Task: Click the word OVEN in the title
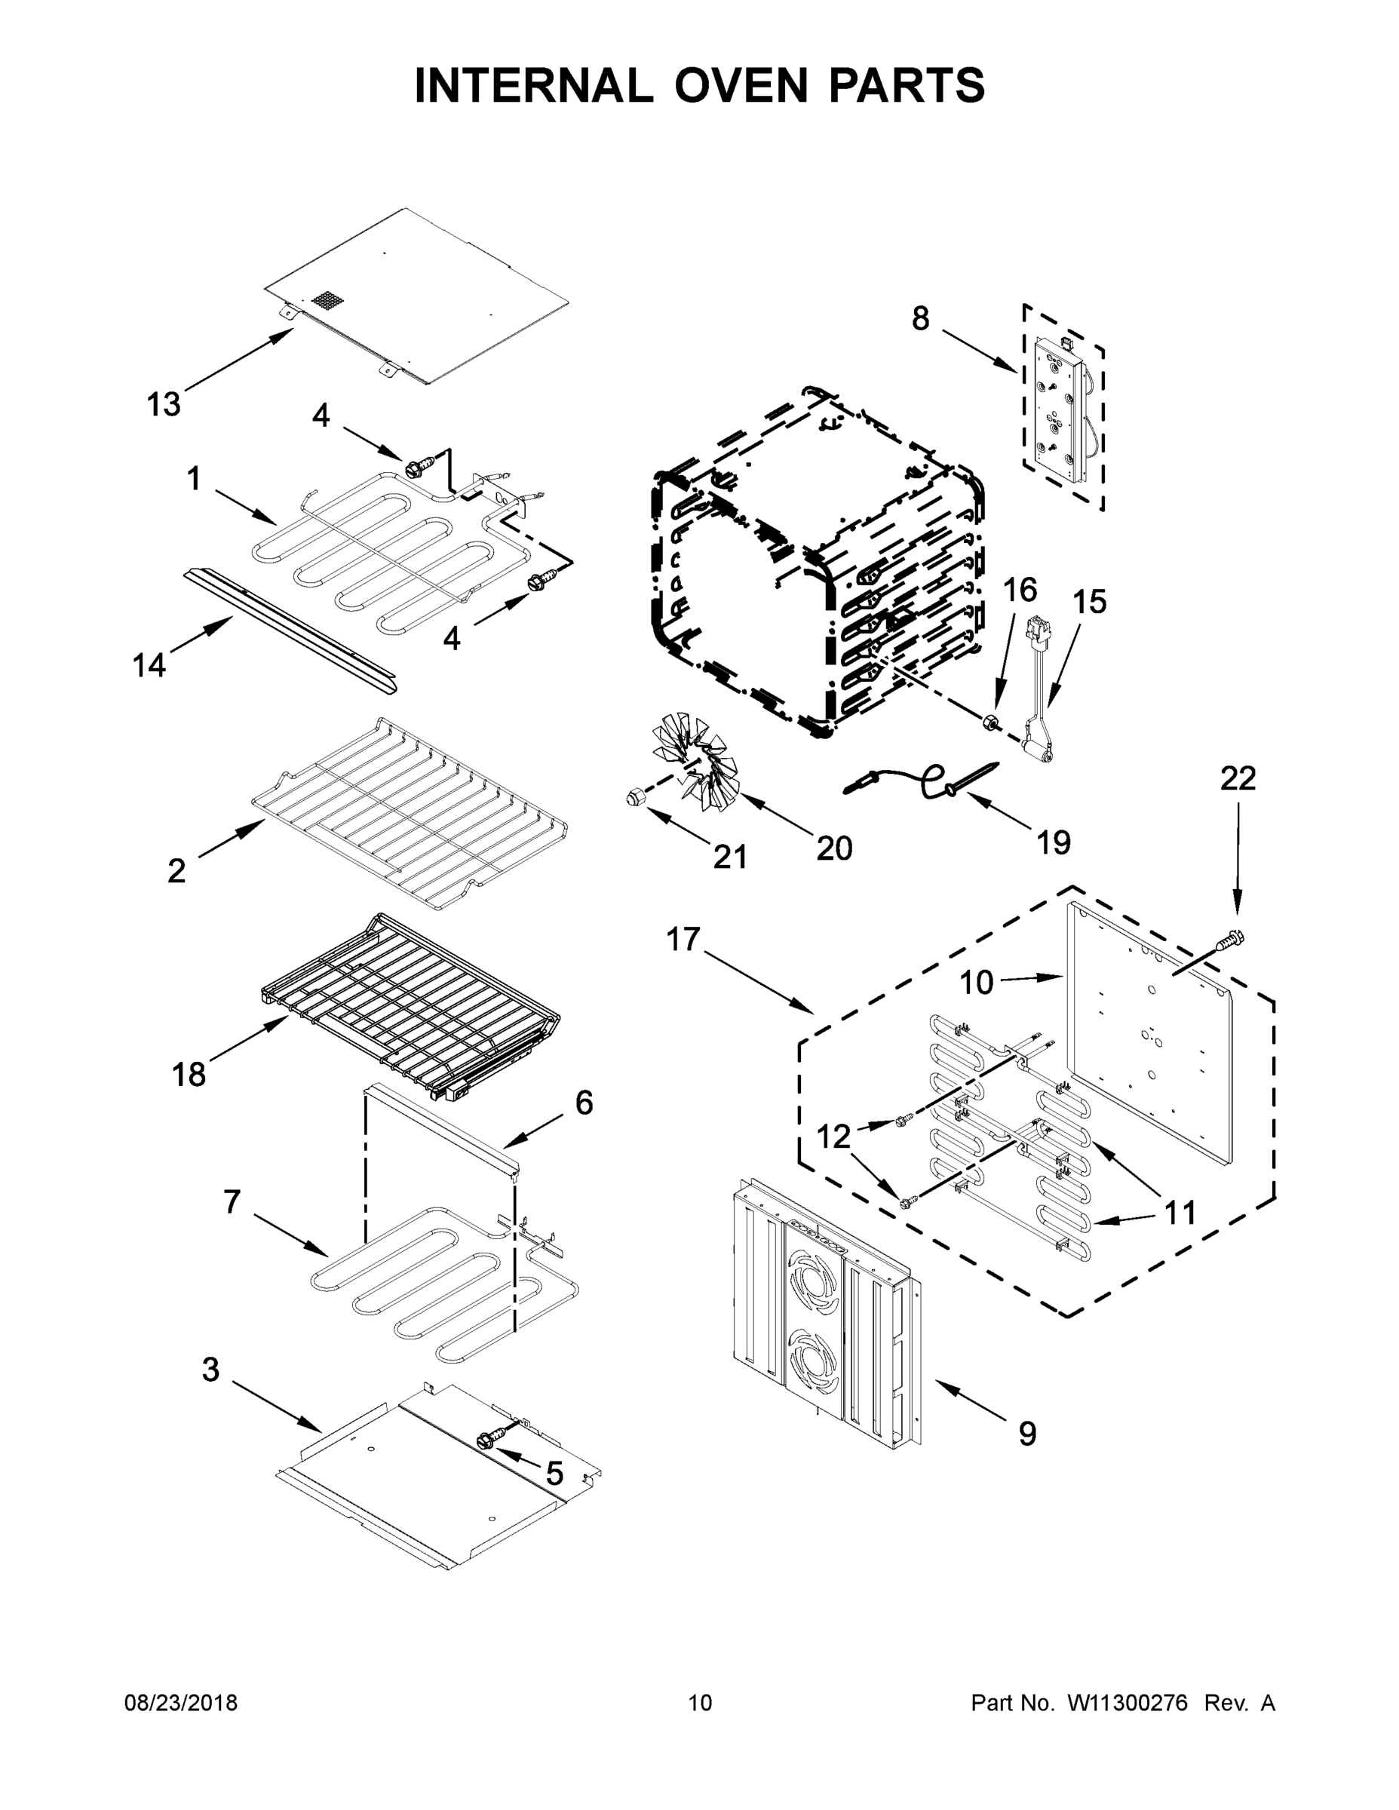pos(739,86)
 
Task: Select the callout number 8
pos(921,319)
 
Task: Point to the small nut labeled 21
pos(634,797)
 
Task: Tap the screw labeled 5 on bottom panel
pos(487,1439)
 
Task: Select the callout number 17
pos(684,940)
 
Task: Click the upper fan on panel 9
pos(816,1281)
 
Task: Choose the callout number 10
pos(977,983)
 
